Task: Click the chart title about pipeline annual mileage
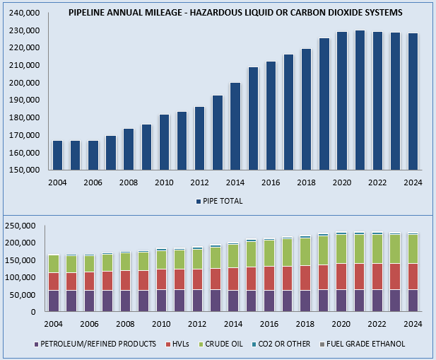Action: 236,13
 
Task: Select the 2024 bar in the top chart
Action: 413,102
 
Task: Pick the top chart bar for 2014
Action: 235,127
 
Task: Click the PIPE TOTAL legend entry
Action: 219,201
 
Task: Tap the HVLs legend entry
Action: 184,344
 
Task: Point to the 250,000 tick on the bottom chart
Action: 25,226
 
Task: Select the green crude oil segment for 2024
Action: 413,249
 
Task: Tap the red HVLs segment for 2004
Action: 54,281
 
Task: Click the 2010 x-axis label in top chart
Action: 164,182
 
